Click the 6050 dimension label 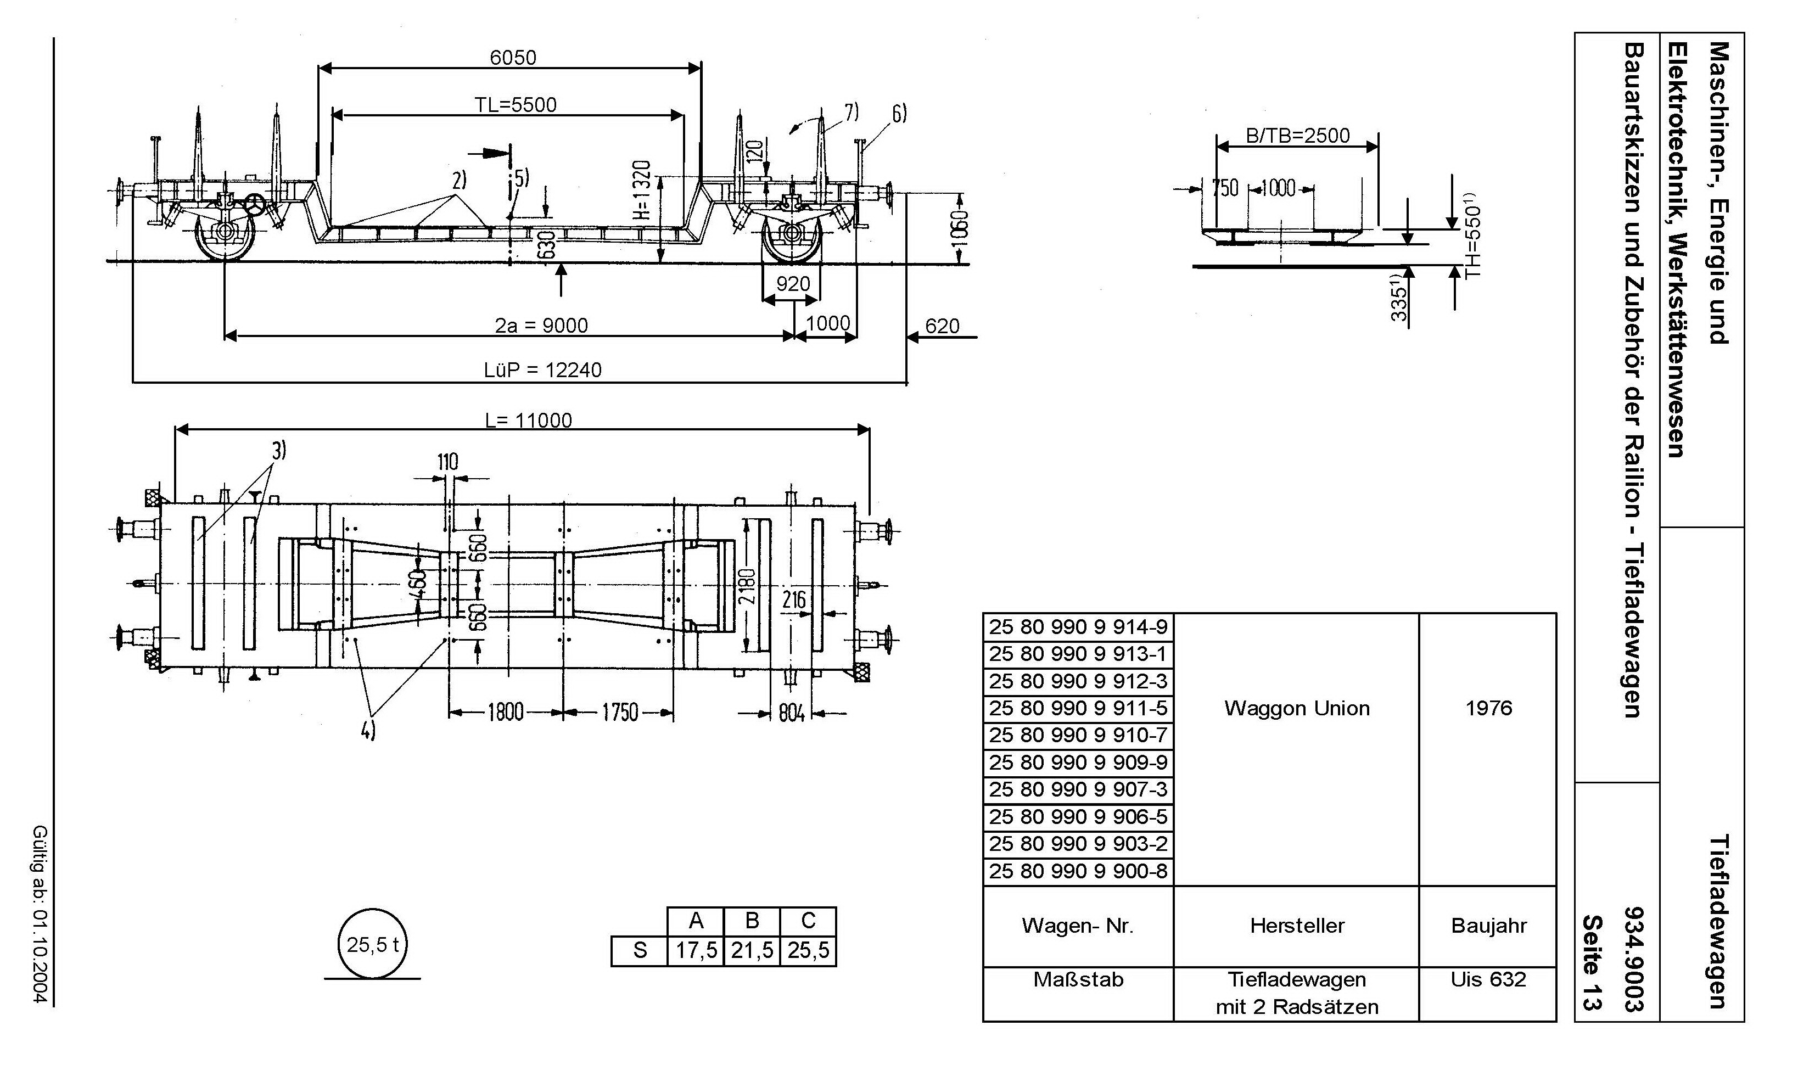pos(513,58)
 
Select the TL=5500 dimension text pos(515,105)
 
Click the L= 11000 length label pos(528,420)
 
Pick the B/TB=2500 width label pos(1298,136)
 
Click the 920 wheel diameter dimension pos(793,284)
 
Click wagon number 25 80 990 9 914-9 pos(1078,627)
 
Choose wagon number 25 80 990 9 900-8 pos(1078,871)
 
